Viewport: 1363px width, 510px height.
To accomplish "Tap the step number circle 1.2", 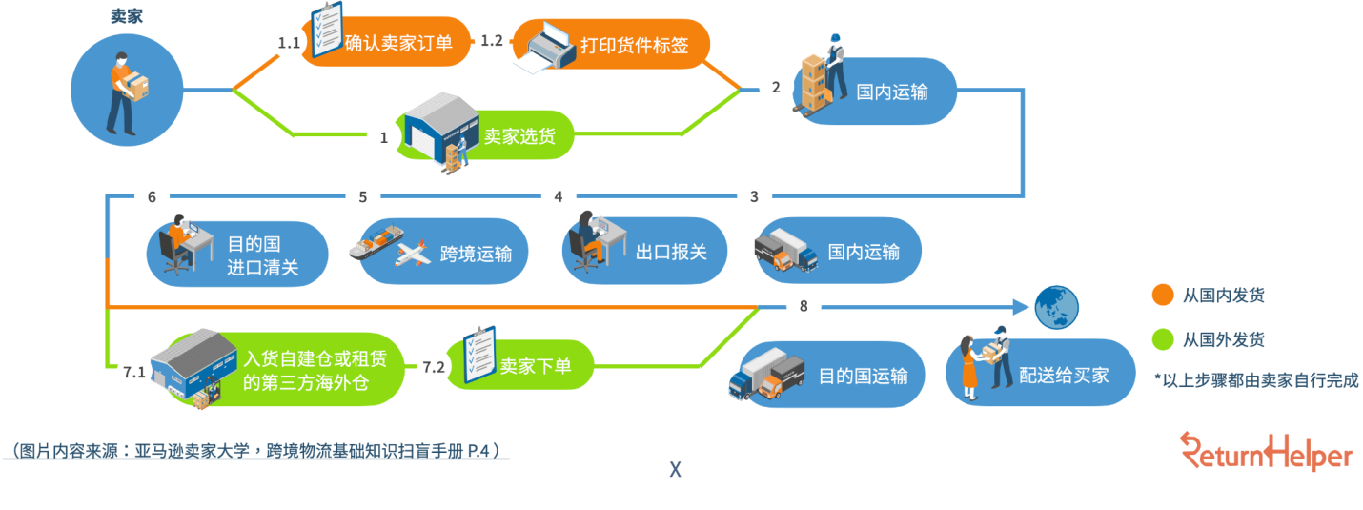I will click(492, 40).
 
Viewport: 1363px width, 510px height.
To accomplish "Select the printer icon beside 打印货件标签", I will click(544, 48).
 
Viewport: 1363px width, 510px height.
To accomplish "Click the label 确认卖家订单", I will click(399, 42).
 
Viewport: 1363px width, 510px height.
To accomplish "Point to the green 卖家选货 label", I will click(519, 136).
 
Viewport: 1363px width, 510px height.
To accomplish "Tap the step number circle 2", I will click(776, 88).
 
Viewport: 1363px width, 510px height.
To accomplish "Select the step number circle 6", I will click(153, 197).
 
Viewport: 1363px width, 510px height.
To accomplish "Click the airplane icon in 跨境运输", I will click(413, 253).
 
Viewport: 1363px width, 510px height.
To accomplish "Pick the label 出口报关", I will click(671, 253).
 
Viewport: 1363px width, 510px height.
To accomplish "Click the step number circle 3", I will click(754, 197).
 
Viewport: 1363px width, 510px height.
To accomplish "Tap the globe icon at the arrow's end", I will click(1057, 307).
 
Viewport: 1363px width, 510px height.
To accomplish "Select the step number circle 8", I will click(804, 307).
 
